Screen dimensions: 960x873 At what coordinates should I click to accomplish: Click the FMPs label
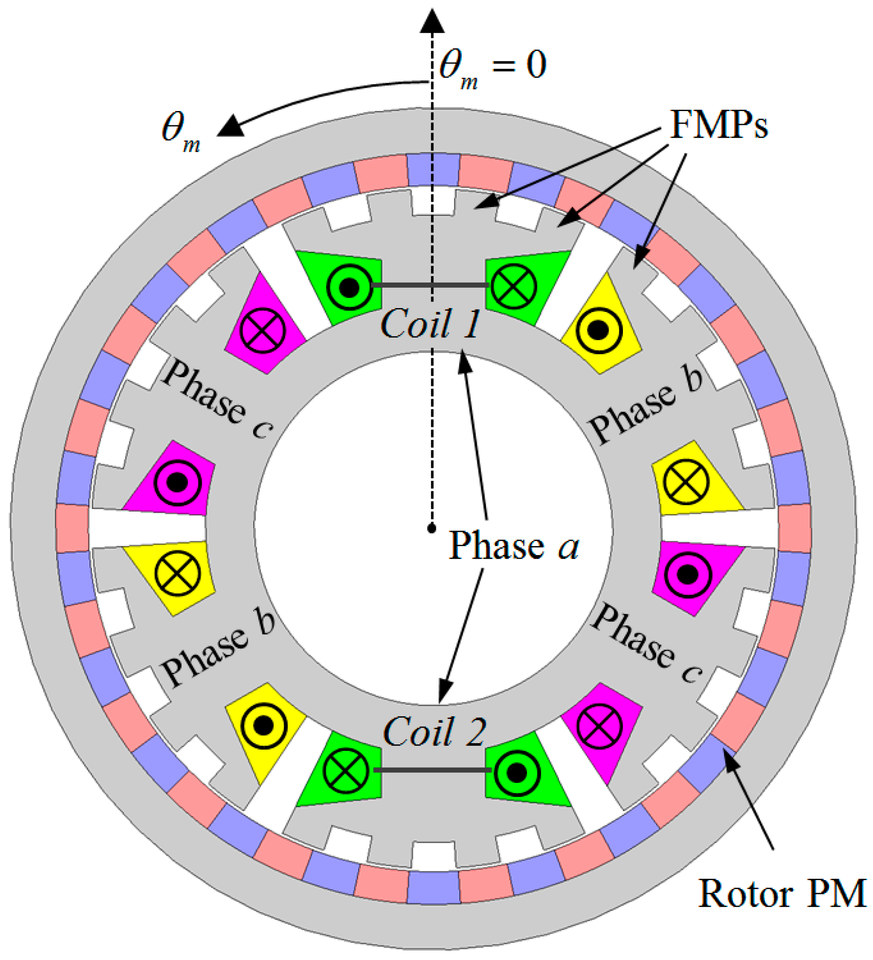tap(719, 125)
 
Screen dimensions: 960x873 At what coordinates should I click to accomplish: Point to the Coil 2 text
tap(434, 732)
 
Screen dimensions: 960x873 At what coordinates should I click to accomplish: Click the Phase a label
tap(514, 546)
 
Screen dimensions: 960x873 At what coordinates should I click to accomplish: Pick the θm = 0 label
tap(493, 67)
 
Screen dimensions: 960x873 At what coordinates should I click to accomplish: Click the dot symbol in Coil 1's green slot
tap(350, 287)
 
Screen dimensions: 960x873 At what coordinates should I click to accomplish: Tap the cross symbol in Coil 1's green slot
tap(514, 287)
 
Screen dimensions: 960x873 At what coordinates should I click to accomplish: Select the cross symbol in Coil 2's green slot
tap(346, 770)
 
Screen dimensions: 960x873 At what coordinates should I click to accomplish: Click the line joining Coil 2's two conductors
tap(432, 769)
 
